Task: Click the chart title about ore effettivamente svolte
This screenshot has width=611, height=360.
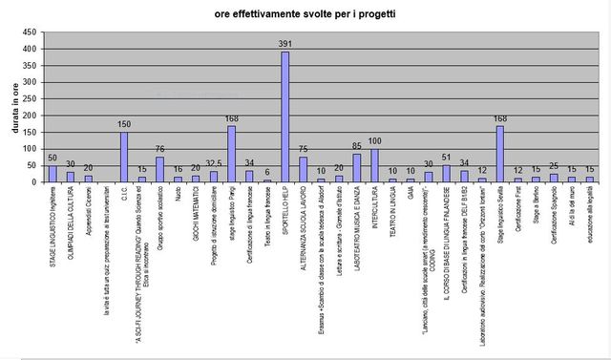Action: [305, 14]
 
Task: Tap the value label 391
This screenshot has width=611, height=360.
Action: [284, 44]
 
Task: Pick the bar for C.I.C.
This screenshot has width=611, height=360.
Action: [124, 157]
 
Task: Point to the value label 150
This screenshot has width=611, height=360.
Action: [124, 124]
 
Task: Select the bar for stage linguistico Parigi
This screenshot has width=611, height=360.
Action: [231, 154]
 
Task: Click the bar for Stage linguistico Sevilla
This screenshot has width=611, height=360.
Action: [499, 154]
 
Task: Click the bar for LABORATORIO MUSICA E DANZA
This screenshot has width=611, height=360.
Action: [356, 168]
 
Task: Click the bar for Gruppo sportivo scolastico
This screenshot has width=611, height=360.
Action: [159, 169]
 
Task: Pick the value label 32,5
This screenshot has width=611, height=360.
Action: [214, 163]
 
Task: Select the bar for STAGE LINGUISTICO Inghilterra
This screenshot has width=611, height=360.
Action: [53, 174]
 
